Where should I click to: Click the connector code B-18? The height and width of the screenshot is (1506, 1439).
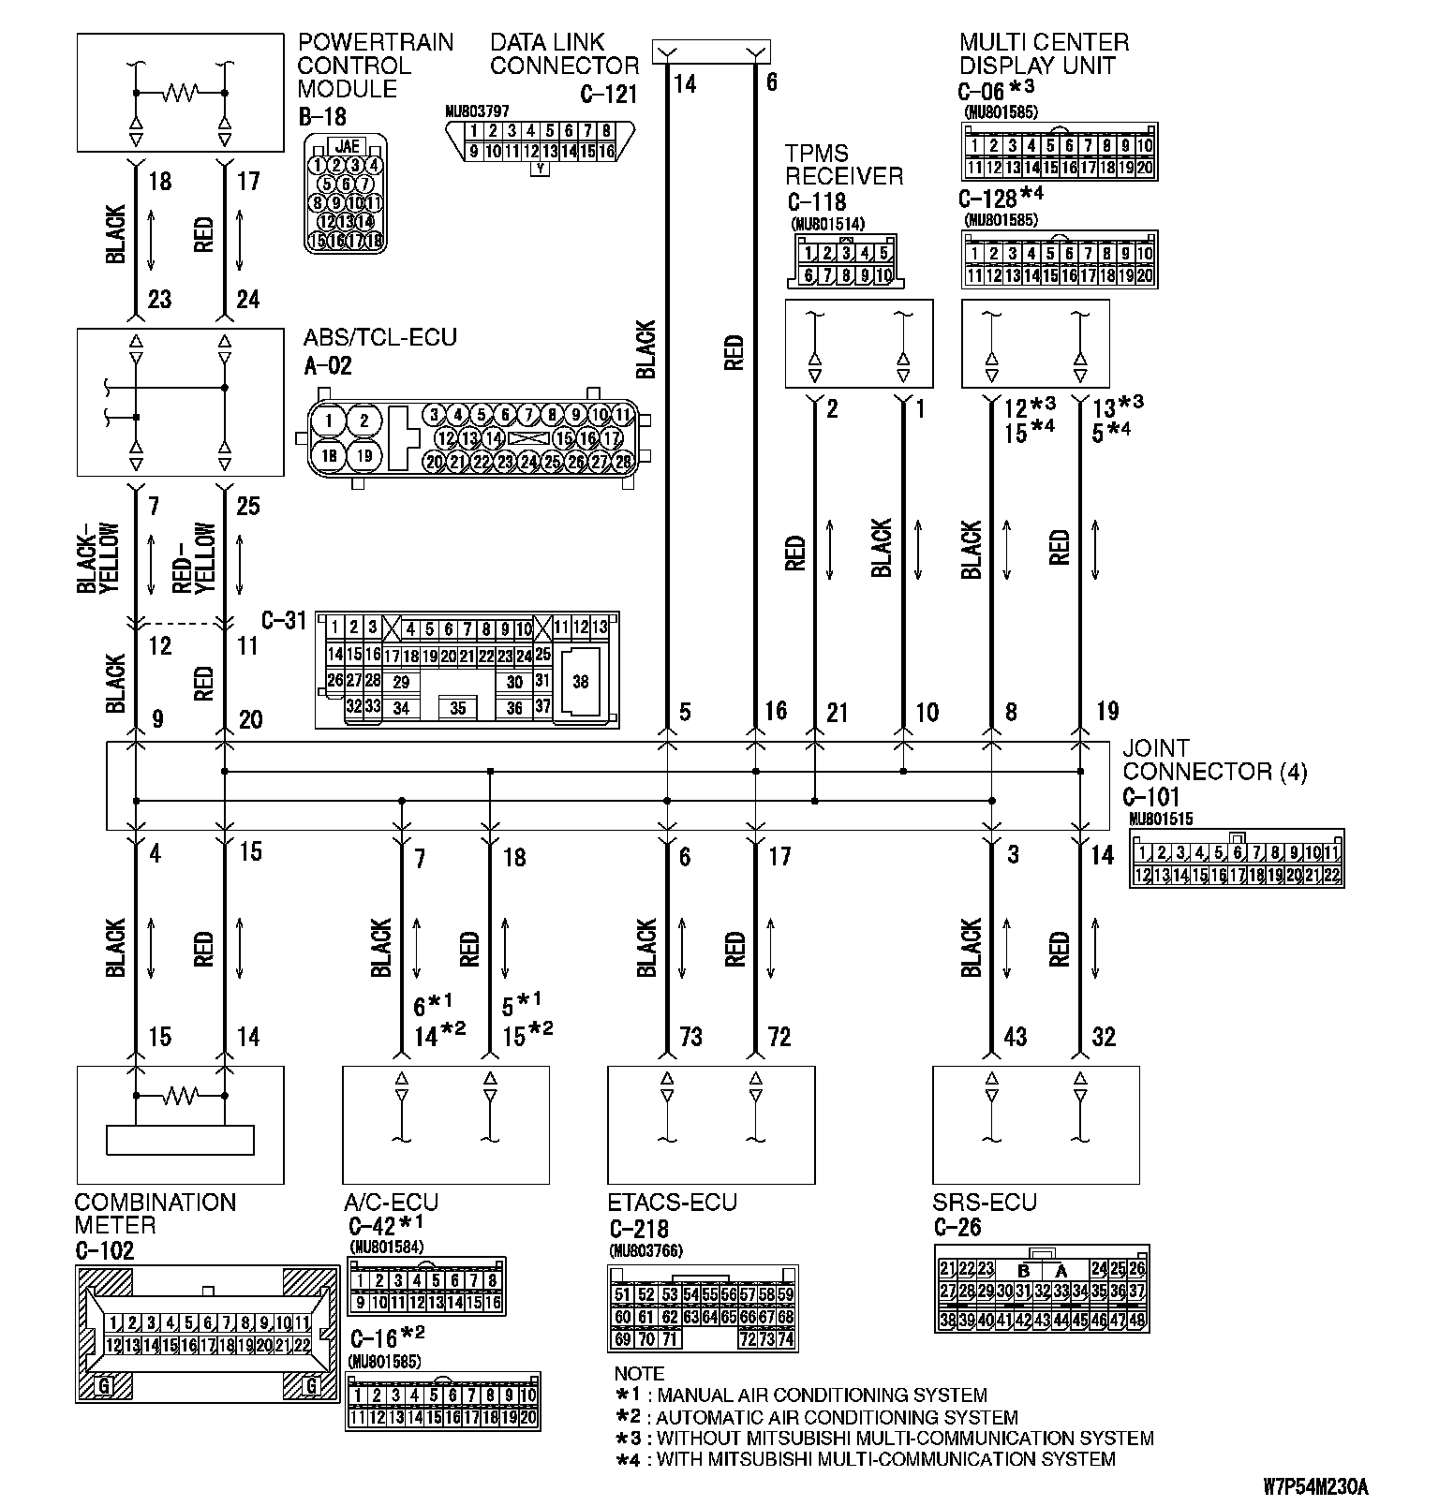321,116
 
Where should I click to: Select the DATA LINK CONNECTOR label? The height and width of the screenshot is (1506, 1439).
563,54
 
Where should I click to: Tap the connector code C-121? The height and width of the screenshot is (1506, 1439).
608,94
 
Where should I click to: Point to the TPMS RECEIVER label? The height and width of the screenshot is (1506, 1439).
844,165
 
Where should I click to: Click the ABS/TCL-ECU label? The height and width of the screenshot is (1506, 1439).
379,337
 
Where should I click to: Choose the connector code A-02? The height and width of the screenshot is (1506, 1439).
328,365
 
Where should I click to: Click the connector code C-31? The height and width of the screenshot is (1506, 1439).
284,620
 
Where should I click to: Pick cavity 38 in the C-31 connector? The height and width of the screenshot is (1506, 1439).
581,682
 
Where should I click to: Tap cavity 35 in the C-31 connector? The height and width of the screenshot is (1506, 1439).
457,708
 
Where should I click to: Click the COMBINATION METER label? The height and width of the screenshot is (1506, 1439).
155,1214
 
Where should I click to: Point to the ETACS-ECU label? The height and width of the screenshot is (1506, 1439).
672,1203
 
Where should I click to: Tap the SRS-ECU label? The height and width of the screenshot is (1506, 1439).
984,1203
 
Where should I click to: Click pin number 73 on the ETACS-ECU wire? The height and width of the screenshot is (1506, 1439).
690,1037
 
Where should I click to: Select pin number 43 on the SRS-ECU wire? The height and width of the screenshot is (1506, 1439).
1015,1037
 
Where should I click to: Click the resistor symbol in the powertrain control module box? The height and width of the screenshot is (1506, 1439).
180,93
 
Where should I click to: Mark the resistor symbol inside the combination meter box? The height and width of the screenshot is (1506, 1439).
180,1094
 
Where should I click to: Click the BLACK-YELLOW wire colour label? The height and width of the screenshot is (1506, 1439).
99,559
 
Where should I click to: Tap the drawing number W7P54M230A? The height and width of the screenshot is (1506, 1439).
1314,1485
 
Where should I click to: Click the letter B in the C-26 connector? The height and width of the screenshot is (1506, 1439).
1024,1271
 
